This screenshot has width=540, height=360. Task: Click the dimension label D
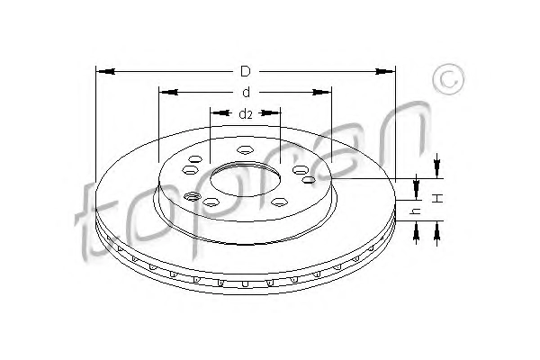click(x=245, y=72)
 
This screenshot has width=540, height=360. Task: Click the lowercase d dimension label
click(x=246, y=93)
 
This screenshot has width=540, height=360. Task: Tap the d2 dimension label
click(x=246, y=113)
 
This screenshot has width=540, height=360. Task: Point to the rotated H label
click(x=437, y=198)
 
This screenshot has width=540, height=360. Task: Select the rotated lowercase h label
click(x=417, y=211)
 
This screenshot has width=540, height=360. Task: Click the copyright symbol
click(x=448, y=79)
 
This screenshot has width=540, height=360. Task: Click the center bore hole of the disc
click(x=245, y=179)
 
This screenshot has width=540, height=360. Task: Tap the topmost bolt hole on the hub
click(x=245, y=150)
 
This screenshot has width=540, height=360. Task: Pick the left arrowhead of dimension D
click(x=105, y=72)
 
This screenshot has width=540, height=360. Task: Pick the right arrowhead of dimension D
click(x=385, y=72)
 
